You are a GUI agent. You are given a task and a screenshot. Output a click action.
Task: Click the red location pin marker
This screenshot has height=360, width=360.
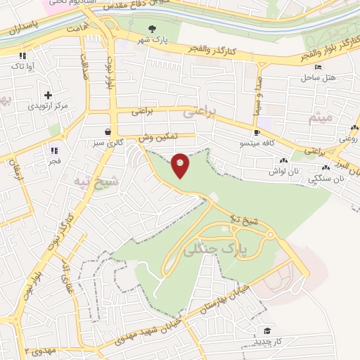181,165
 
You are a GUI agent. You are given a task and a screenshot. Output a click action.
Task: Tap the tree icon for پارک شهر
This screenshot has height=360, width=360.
152,29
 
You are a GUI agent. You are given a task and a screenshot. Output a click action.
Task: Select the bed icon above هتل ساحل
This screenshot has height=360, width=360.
318,67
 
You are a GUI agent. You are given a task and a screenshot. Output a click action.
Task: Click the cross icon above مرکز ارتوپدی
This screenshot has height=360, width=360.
48,95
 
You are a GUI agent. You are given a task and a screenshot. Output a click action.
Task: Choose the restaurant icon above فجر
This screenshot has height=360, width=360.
53,150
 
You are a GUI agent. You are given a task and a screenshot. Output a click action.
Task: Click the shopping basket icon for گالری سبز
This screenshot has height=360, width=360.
107,131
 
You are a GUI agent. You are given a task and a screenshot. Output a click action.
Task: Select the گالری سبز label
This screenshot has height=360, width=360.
109,142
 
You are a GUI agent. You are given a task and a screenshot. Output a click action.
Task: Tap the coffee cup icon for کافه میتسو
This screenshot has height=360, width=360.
257,132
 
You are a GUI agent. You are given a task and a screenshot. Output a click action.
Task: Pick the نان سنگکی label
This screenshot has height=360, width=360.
326,179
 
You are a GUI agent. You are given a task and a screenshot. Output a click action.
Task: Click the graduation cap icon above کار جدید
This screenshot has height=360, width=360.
266,330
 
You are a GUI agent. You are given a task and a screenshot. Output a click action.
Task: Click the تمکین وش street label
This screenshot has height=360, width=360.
157,136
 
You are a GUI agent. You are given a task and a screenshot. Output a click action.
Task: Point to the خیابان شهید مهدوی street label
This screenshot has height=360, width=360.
149,330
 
